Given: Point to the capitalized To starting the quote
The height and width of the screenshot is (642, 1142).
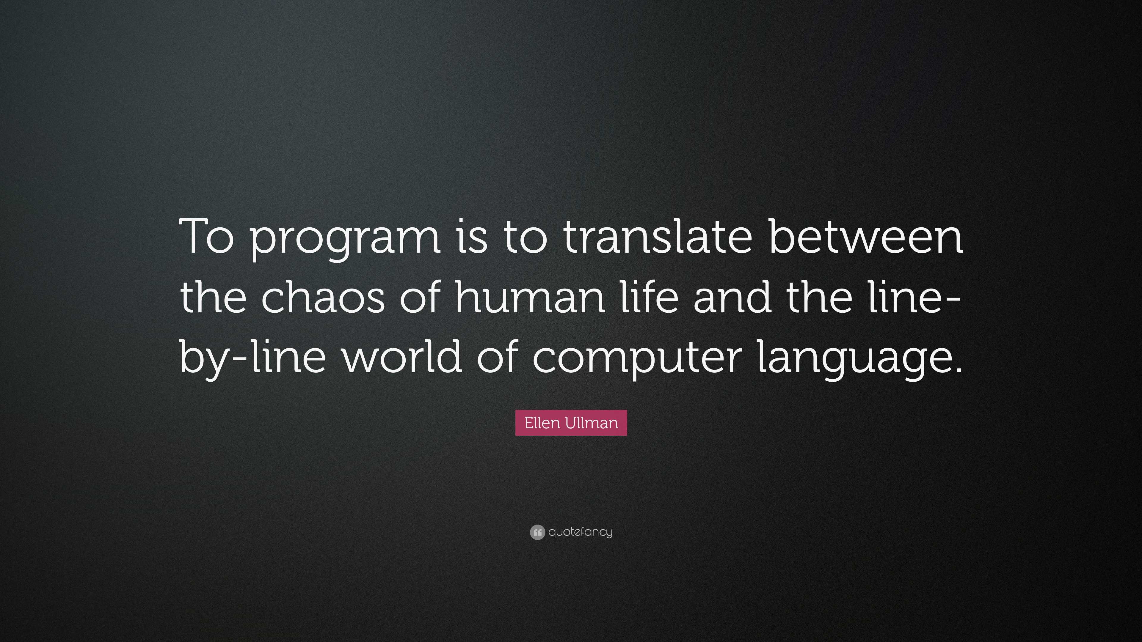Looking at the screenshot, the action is point(206,236).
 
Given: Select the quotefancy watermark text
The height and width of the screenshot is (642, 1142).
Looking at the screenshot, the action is point(580,532).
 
